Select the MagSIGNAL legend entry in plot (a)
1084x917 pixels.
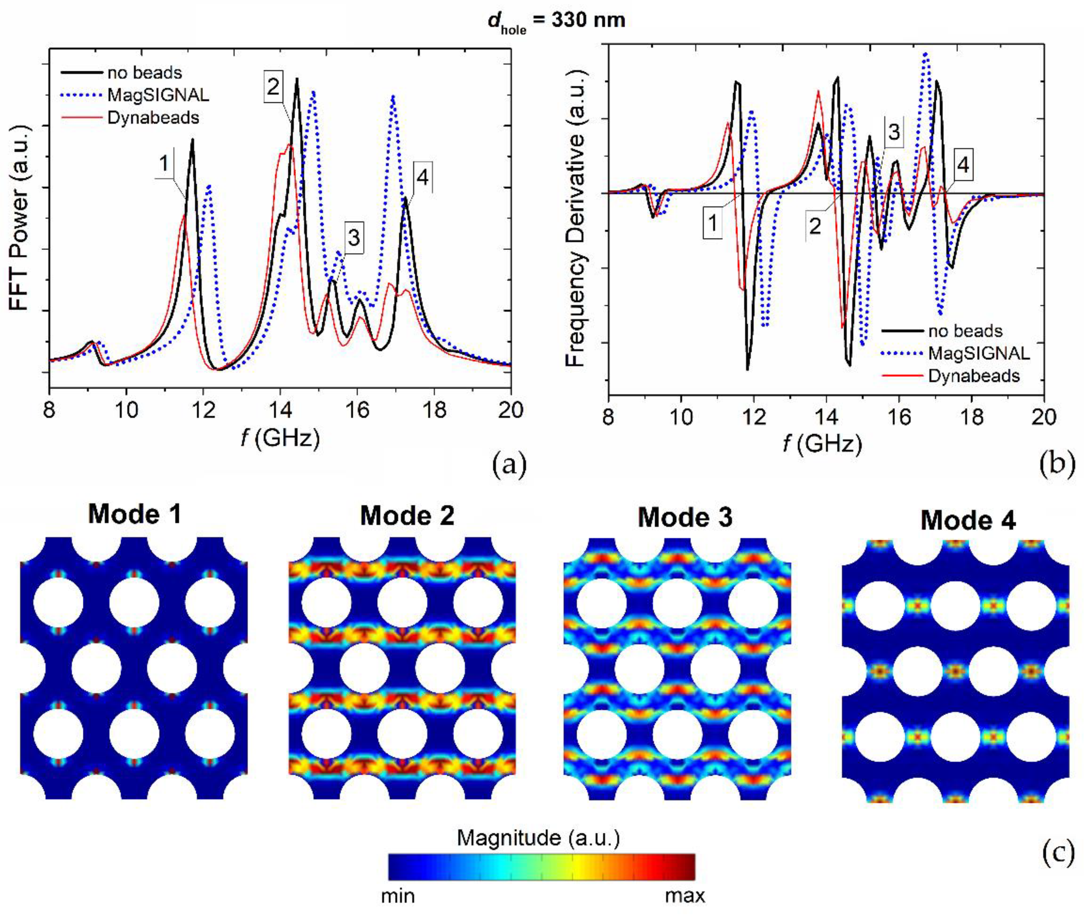coord(158,95)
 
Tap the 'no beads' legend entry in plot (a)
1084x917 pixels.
coord(145,73)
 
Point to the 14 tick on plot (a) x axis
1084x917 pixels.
coord(280,411)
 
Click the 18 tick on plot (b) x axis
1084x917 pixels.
coord(971,417)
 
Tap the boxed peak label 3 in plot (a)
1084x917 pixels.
coord(354,238)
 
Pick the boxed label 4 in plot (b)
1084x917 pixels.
coord(963,165)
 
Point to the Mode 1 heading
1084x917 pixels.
coord(135,515)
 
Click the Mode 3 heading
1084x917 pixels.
coord(685,517)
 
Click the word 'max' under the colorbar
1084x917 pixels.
coord(685,896)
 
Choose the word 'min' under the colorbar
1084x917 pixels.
coord(398,896)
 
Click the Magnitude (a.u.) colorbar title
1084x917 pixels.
coord(538,838)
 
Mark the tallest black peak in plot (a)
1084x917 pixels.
coord(297,80)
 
